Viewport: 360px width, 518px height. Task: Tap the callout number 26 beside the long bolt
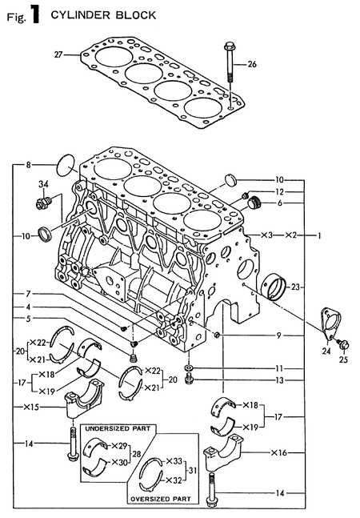252,63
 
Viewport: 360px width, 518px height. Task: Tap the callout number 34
44,184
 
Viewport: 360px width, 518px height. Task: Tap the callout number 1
319,236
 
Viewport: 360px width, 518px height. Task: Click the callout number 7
27,293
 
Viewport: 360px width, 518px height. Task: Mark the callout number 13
279,380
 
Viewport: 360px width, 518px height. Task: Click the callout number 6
279,203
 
